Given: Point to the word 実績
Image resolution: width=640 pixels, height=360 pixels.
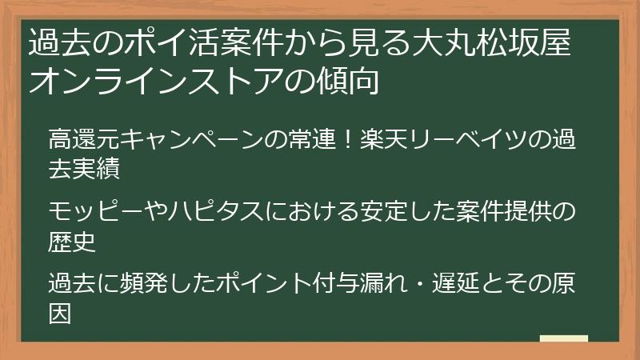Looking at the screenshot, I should [x=108, y=169].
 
